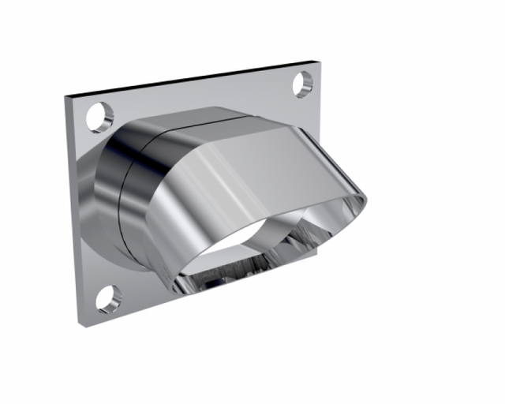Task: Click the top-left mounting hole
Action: (x=100, y=117)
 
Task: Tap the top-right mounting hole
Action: (x=304, y=82)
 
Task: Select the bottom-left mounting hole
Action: (x=109, y=298)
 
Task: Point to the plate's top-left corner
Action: (x=65, y=97)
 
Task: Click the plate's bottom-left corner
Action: (x=80, y=324)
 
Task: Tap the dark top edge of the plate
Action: (x=197, y=78)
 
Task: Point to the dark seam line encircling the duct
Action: (x=121, y=197)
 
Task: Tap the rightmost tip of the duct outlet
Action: (x=366, y=200)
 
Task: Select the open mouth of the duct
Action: (x=237, y=252)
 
